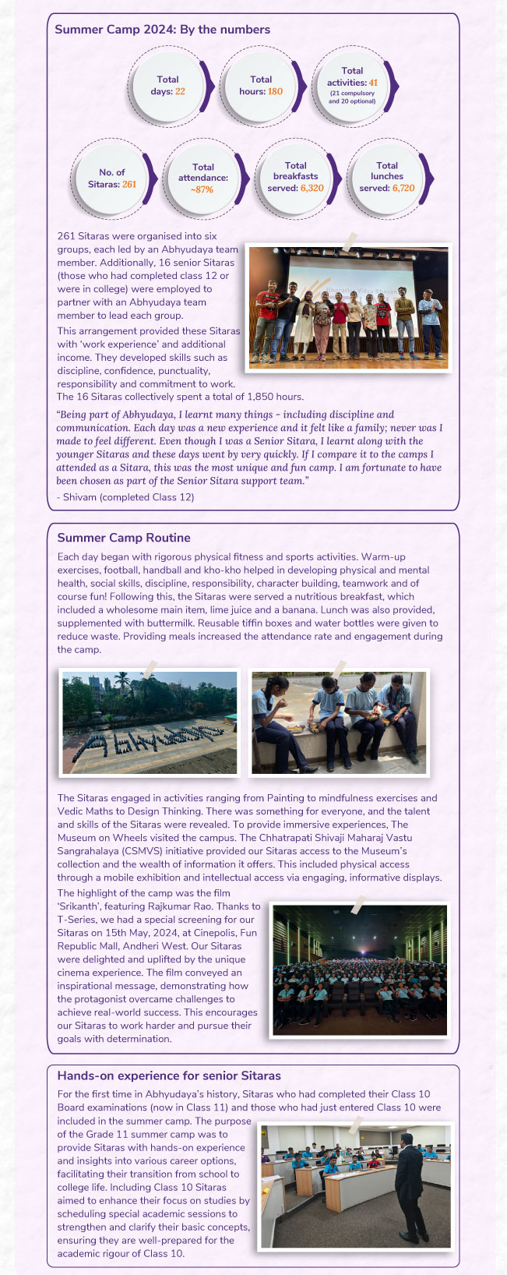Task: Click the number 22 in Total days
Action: pyautogui.click(x=180, y=91)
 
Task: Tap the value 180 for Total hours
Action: pyautogui.click(x=275, y=91)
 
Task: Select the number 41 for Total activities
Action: pyautogui.click(x=374, y=83)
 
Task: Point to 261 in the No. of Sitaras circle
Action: pyautogui.click(x=129, y=184)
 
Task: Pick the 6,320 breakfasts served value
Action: pyautogui.click(x=312, y=188)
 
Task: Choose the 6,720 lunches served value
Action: pyautogui.click(x=403, y=188)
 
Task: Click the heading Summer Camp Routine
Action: pyautogui.click(x=124, y=538)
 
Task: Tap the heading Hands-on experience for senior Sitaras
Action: pyautogui.click(x=169, y=1075)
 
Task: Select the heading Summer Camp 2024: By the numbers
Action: pyautogui.click(x=162, y=30)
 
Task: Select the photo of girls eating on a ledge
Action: pyautogui.click(x=339, y=721)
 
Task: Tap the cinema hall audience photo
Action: pyautogui.click(x=359, y=970)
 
